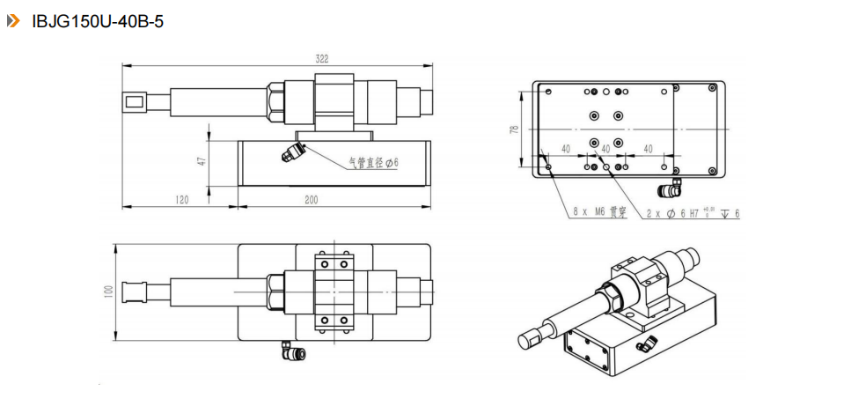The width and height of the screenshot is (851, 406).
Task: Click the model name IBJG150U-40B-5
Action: pyautogui.click(x=97, y=21)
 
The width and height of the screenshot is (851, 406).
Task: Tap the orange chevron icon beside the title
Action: pyautogui.click(x=13, y=21)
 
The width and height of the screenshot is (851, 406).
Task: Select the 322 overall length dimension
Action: pyautogui.click(x=322, y=59)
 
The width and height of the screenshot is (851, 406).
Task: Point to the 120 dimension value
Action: pyautogui.click(x=180, y=200)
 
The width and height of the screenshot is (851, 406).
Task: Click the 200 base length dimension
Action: pyautogui.click(x=311, y=200)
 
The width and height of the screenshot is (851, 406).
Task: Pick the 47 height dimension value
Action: pyautogui.click(x=201, y=161)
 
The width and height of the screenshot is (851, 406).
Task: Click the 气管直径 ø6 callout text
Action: pyautogui.click(x=373, y=162)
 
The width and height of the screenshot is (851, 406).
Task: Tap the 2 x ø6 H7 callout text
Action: pyautogui.click(x=692, y=213)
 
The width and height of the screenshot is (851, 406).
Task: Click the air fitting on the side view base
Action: pyautogui.click(x=291, y=152)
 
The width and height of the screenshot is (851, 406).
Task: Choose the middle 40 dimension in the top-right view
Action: pyautogui.click(x=605, y=149)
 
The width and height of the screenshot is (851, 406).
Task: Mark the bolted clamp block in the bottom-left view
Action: pyautogui.click(x=334, y=290)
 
